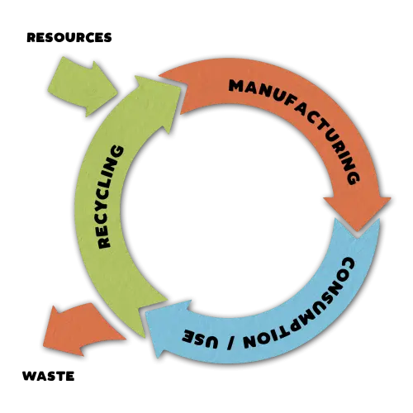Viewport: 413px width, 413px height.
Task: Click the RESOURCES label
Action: coord(69,38)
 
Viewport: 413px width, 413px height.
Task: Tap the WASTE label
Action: coord(49,376)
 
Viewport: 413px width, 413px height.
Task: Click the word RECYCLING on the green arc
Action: coord(110,197)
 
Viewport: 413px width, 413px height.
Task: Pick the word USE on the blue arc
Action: coord(201,338)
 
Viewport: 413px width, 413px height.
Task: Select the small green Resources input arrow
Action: coord(83,87)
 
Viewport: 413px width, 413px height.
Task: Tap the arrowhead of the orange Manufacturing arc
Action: coord(358,212)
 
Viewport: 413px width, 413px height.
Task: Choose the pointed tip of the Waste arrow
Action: coord(44,344)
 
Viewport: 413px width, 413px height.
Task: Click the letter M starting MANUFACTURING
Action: coord(235,86)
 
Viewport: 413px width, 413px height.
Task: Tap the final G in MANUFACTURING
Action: coord(353,178)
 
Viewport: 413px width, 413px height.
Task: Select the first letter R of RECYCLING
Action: coord(104,243)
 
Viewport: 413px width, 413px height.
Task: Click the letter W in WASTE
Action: coord(30,376)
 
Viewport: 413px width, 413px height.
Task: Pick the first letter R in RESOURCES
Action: coord(31,38)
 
